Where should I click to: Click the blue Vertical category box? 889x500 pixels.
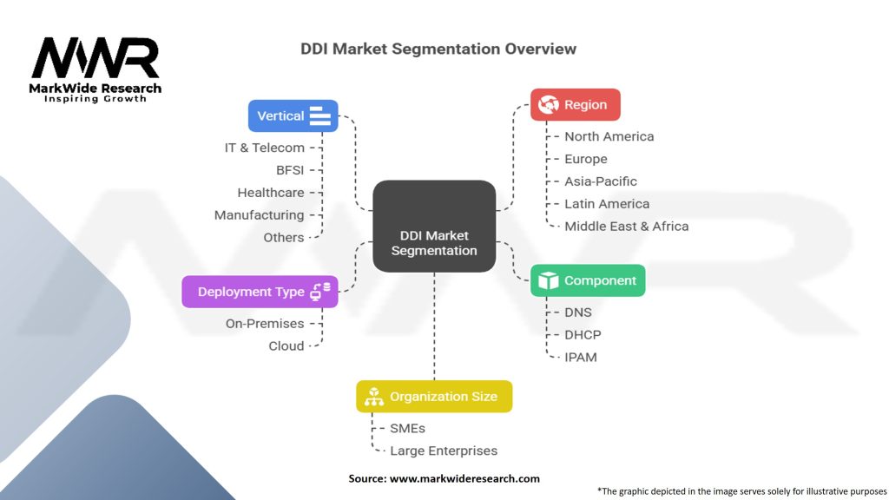coord(293,115)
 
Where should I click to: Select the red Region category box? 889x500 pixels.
coord(576,105)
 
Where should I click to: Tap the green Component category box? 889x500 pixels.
coord(588,280)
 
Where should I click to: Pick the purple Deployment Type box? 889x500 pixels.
coord(260,292)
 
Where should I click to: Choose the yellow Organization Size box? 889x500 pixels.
coord(434,396)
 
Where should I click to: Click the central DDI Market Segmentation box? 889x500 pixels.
coord(434,227)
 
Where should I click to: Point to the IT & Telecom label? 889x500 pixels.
coord(264,148)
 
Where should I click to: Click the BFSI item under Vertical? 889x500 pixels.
coord(290,170)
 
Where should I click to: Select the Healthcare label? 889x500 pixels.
coord(271,193)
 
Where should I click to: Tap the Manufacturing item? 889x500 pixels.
coord(259,215)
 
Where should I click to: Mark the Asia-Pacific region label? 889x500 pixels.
coord(601,181)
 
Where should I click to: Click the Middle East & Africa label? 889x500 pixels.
coord(627,227)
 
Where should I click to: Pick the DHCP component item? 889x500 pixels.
coord(583,335)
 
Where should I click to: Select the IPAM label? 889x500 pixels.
coord(581,357)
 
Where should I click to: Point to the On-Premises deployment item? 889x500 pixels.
coord(265,324)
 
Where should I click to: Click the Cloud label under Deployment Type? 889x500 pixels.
coord(286,345)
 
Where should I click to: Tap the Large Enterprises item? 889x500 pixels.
coord(444,451)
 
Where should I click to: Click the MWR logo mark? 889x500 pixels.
coord(95,58)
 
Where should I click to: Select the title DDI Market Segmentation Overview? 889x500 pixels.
coord(438,49)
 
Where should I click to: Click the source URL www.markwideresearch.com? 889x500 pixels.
coord(465,478)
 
